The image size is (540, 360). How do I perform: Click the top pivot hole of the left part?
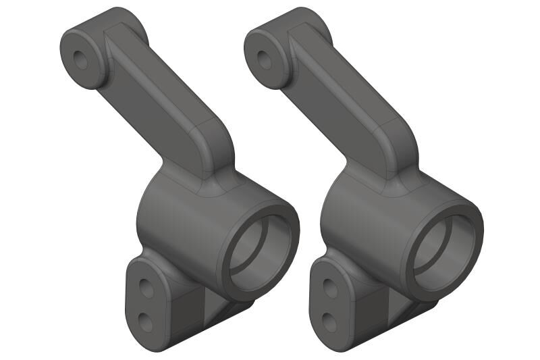[x=82, y=59]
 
